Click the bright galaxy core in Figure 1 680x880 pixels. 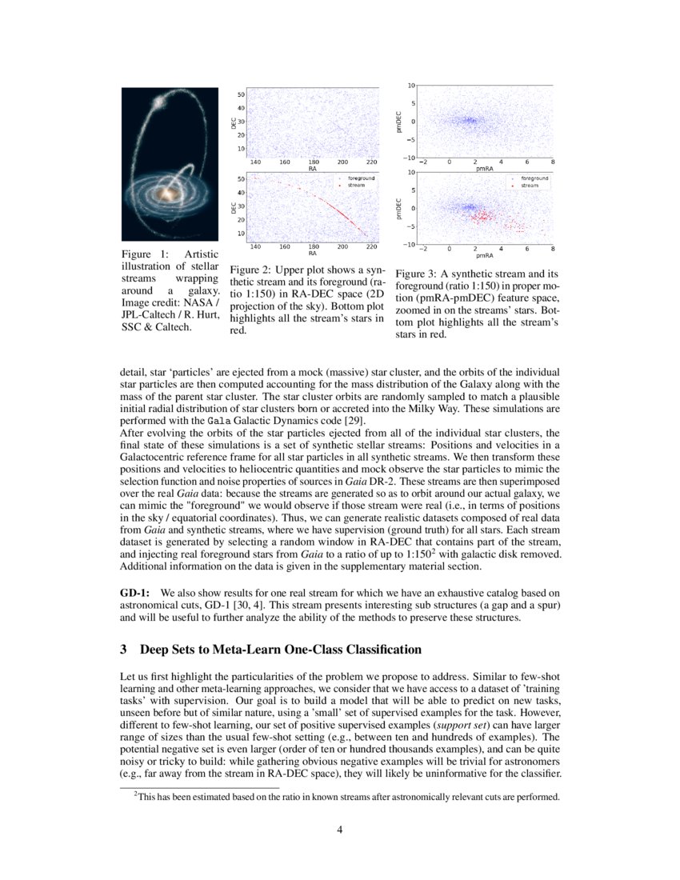coord(170,194)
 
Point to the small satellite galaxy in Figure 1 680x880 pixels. coord(158,102)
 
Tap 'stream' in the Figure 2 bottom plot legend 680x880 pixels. coord(356,185)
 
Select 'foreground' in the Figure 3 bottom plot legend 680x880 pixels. coord(534,178)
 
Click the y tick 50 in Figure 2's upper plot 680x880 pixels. coord(240,95)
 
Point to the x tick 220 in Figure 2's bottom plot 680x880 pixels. coord(371,247)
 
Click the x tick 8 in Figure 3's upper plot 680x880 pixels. coord(553,162)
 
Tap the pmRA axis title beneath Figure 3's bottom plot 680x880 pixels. coord(484,256)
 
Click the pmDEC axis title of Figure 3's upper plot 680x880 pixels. coord(398,122)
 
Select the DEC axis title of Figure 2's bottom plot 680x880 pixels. coord(233,206)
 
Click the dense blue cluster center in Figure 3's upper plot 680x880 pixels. coord(470,121)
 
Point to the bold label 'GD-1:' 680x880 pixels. coord(135,593)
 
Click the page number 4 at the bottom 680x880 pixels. coord(340,830)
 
